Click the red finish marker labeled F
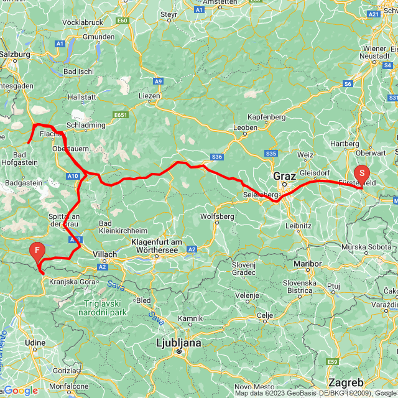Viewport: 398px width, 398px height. (37, 251)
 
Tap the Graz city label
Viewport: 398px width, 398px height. (287, 175)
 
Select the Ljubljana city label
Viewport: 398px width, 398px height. (178, 343)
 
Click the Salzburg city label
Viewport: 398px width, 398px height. (14, 54)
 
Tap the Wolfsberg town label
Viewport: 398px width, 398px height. (217, 216)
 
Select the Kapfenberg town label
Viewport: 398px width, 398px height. (266, 117)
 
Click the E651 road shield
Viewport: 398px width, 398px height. (121, 114)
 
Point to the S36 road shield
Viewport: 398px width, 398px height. (216, 157)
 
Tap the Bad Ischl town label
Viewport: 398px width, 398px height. (79, 72)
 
